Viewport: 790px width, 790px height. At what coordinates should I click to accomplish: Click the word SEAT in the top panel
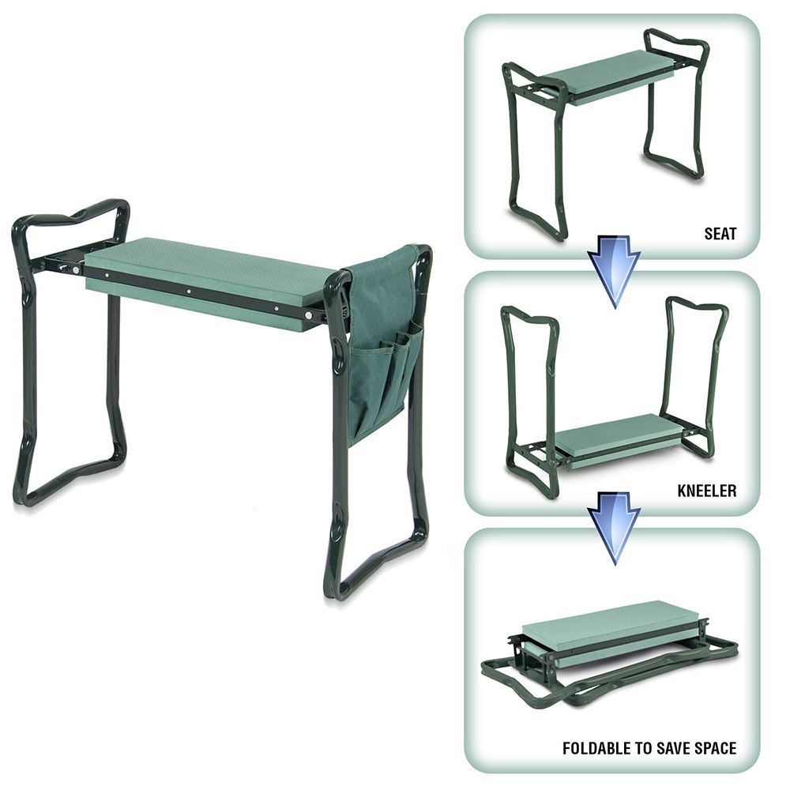point(720,234)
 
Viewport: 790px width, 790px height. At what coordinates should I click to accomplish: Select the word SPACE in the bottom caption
point(713,747)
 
